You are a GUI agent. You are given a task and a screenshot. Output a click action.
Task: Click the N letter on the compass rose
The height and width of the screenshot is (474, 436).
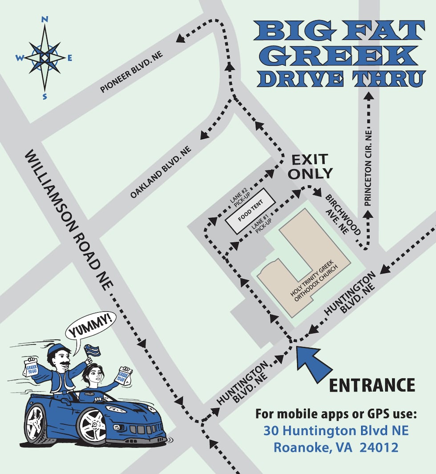pos(44,19)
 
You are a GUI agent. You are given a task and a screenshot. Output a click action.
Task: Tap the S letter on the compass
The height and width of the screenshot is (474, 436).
pos(44,96)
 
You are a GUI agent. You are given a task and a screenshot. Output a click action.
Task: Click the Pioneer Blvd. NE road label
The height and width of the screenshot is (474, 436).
pos(132,72)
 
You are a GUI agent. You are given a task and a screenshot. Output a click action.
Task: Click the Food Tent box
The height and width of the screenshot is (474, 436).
pos(250,211)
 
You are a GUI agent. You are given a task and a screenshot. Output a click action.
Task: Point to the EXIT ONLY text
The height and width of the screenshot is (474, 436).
pos(310,166)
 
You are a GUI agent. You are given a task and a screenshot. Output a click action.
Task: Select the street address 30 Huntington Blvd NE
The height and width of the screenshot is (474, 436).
pos(336,430)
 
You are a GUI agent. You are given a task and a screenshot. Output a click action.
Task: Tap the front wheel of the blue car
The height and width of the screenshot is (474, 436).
pos(91,425)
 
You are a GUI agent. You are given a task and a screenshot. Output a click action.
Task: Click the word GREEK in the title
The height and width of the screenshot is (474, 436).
pos(341,56)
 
